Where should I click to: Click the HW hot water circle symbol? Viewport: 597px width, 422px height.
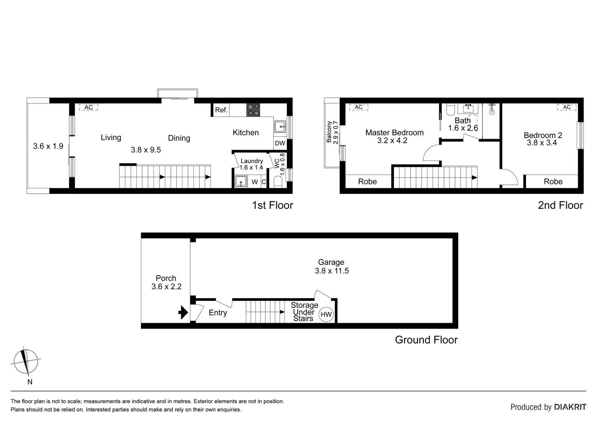pyautogui.click(x=326, y=315)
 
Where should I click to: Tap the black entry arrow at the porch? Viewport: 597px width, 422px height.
pyautogui.click(x=183, y=313)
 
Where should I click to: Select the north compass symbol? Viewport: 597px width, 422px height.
pyautogui.click(x=26, y=361)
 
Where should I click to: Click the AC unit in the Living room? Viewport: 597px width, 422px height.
pyautogui.click(x=89, y=107)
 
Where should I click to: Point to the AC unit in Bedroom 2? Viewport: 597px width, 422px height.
pyautogui.click(x=567, y=107)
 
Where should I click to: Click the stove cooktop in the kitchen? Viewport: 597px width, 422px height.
pyautogui.click(x=253, y=110)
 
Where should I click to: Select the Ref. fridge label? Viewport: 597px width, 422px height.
pyautogui.click(x=221, y=110)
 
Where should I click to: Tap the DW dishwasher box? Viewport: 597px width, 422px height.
pyautogui.click(x=280, y=143)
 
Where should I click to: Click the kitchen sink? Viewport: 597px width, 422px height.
pyautogui.click(x=280, y=127)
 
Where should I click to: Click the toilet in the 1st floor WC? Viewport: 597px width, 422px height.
pyautogui.click(x=278, y=182)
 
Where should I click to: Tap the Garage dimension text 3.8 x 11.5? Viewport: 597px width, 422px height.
pyautogui.click(x=332, y=271)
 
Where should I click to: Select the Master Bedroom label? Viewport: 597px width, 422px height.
pyautogui.click(x=394, y=133)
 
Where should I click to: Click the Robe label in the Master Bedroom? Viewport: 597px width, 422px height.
pyautogui.click(x=367, y=182)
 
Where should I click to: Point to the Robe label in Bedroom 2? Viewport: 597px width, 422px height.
pyautogui.click(x=553, y=182)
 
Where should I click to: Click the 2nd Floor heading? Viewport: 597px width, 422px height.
pyautogui.click(x=560, y=206)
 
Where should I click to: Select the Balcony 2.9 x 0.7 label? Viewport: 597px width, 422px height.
pyautogui.click(x=332, y=133)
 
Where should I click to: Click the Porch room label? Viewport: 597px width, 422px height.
pyautogui.click(x=166, y=279)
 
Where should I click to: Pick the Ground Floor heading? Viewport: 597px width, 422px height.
pyautogui.click(x=426, y=340)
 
